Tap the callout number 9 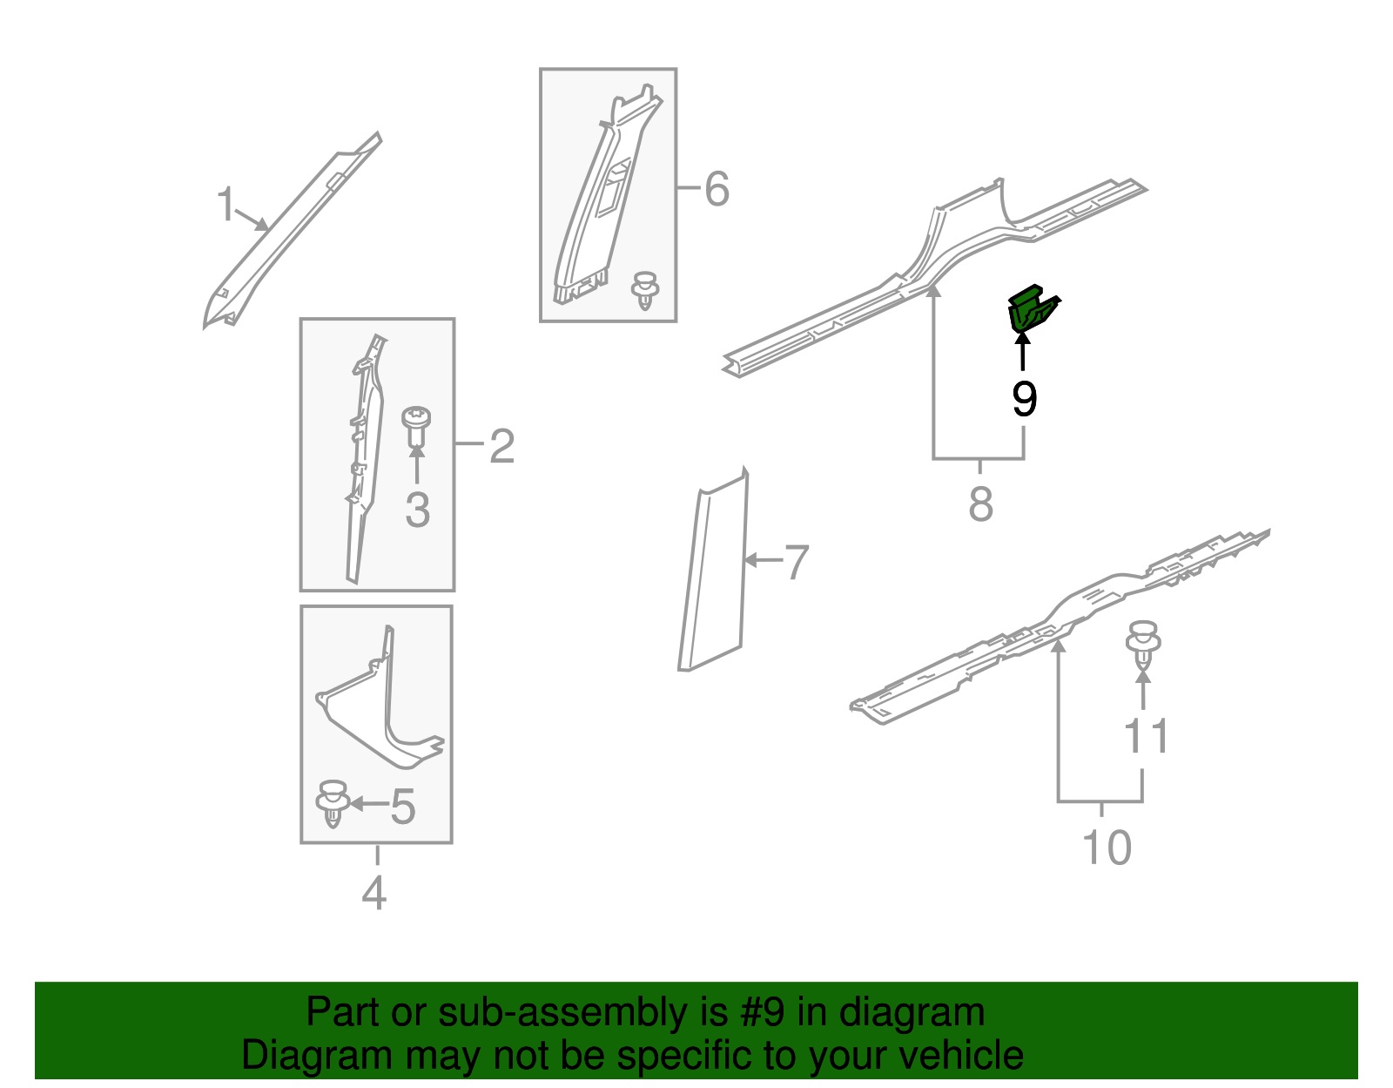pyautogui.click(x=1024, y=399)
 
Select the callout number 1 pyautogui.click(x=225, y=204)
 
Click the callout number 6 pyautogui.click(x=717, y=189)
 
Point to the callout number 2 pyautogui.click(x=502, y=446)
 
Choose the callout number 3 pyautogui.click(x=417, y=510)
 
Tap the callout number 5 pyautogui.click(x=402, y=806)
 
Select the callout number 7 pyautogui.click(x=797, y=562)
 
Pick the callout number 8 pyautogui.click(x=981, y=503)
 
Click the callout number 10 pyautogui.click(x=1107, y=848)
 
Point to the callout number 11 pyautogui.click(x=1147, y=735)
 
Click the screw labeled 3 pyautogui.click(x=416, y=427)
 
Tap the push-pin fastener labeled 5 pyautogui.click(x=333, y=803)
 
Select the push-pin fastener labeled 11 pyautogui.click(x=1144, y=645)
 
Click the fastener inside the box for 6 pyautogui.click(x=645, y=290)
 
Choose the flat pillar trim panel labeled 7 pyautogui.click(x=713, y=570)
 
